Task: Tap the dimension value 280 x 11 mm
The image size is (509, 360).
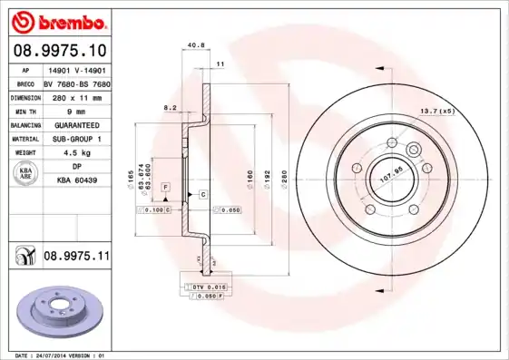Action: [x=75, y=95]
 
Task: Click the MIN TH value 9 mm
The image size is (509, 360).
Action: [x=75, y=110]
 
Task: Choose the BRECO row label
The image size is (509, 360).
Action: [x=24, y=82]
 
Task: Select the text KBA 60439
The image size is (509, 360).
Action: [x=76, y=180]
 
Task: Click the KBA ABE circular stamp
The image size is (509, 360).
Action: [x=24, y=174]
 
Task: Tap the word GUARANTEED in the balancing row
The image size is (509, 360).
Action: [x=76, y=124]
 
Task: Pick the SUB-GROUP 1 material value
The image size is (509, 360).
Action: [x=76, y=139]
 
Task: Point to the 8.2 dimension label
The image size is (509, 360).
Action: [x=169, y=107]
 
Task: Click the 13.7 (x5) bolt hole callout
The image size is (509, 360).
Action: [x=438, y=112]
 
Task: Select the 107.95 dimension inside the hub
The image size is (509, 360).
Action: [x=389, y=171]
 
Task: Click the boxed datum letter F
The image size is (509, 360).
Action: [x=166, y=187]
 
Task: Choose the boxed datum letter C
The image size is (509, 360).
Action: [x=203, y=195]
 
